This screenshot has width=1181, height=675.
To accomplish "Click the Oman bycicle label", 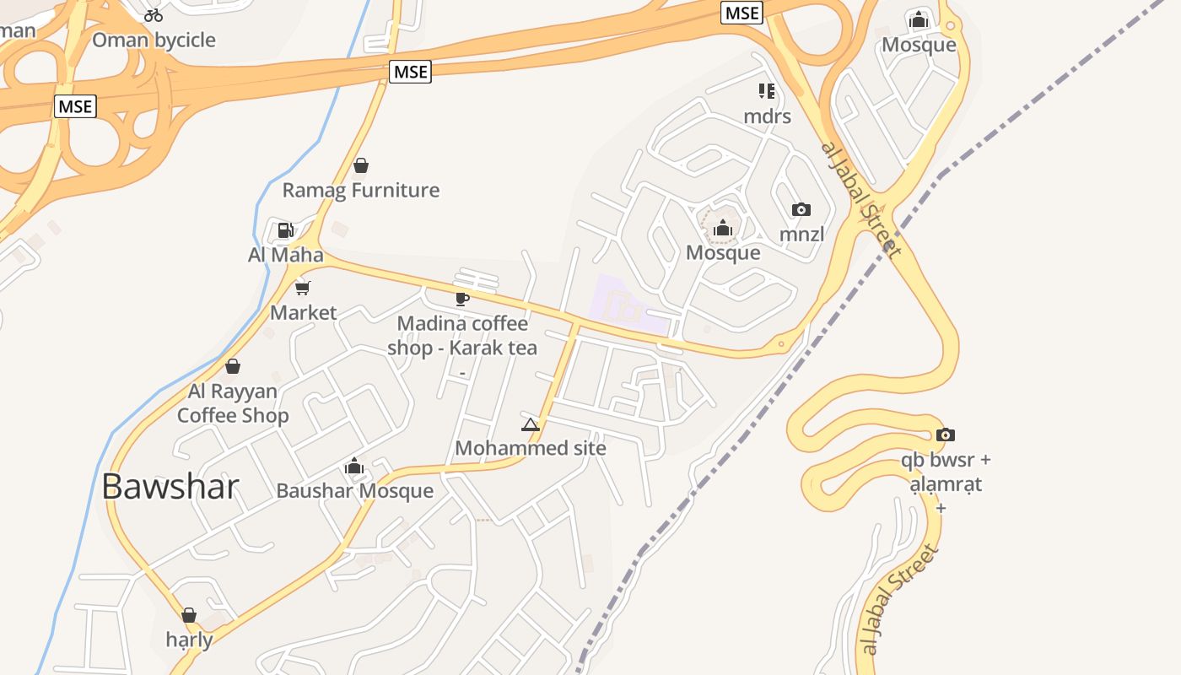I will point(154,40).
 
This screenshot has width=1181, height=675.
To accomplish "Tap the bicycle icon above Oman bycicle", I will point(153,14).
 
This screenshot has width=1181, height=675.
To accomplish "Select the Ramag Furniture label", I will point(361,190).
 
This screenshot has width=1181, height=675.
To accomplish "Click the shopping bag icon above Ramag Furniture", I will point(361,165).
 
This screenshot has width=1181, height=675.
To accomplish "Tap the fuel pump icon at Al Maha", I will point(285,229).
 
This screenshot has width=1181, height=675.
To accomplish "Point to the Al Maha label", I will point(285,254).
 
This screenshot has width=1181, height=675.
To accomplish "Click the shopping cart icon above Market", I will point(303,288).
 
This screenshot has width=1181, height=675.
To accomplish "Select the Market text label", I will point(303,312).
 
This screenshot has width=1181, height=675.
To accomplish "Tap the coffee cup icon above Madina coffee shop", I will point(461,298).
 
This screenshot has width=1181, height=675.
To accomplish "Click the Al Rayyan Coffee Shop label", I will point(233,403).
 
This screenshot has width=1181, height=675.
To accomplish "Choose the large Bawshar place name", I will point(170,487).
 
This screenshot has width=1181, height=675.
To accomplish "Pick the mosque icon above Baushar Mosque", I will point(354,466).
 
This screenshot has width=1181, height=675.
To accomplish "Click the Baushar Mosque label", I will point(354,491).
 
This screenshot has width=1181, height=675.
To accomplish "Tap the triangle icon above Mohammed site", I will point(530,424).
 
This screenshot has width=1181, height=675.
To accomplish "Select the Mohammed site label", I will point(530,448).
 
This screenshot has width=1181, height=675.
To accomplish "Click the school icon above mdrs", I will point(767,90).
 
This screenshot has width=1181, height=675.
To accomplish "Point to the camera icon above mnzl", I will point(801,209).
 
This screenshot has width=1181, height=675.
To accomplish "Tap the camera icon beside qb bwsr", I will point(946,435).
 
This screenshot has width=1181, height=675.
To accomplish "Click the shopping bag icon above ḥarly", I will point(189,615).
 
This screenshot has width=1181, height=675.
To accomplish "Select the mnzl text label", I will point(801,235).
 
